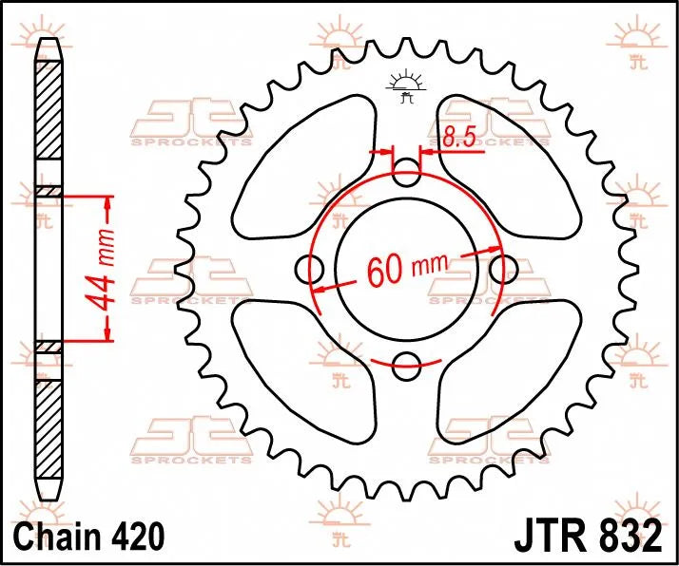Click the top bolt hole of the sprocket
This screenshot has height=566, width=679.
point(407,174)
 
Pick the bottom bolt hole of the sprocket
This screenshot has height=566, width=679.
point(407,362)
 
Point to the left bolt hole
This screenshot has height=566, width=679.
point(310,269)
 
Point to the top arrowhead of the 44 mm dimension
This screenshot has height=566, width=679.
point(107,203)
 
